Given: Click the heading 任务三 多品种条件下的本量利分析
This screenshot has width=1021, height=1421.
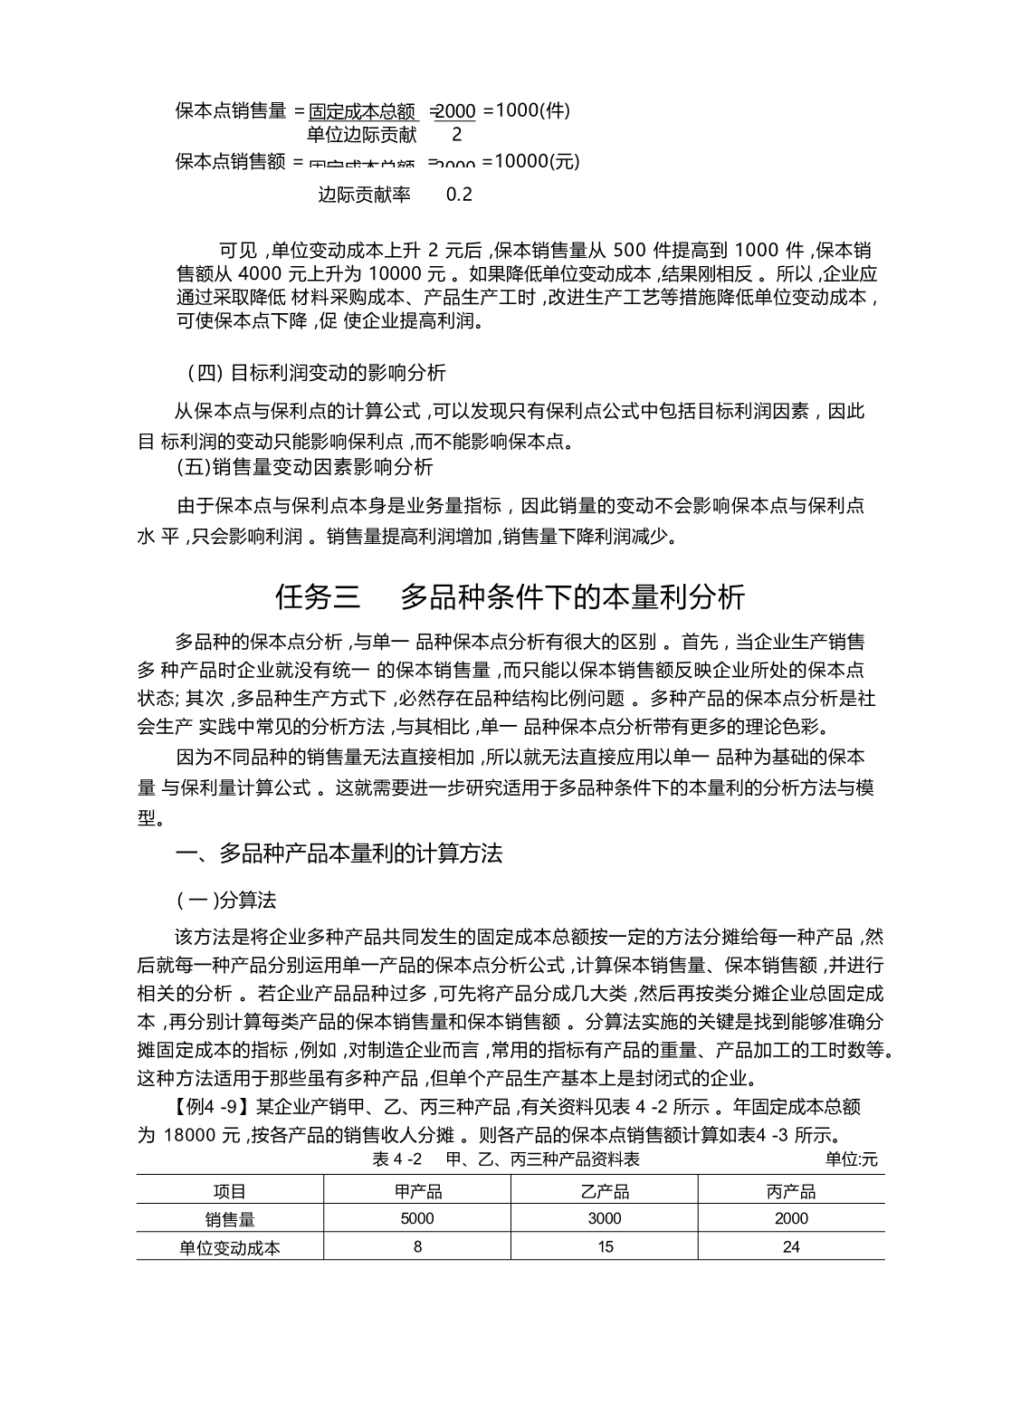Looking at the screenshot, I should click(x=510, y=597).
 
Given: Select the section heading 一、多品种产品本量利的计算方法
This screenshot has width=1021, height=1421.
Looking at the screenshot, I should click(x=339, y=854).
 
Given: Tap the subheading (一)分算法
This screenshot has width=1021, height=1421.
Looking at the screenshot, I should click(x=226, y=901).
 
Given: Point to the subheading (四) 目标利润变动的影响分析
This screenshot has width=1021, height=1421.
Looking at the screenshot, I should click(x=316, y=372).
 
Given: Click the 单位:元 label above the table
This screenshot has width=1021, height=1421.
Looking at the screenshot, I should click(x=851, y=1159).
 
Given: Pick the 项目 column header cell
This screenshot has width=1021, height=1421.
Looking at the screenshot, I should click(x=229, y=1191).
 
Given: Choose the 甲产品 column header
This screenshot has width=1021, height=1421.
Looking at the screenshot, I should click(x=417, y=1191).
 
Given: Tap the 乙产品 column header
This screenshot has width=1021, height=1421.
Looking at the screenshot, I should click(x=605, y=1191).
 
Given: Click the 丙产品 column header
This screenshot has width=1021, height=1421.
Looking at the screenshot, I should click(x=791, y=1191).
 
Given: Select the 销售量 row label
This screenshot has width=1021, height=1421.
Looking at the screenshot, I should click(x=229, y=1218).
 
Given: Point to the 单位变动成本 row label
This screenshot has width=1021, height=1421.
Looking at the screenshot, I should click(x=229, y=1247).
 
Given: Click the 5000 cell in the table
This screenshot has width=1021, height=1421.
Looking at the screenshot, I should click(x=417, y=1218).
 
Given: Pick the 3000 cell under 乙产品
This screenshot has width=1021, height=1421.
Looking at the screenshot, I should click(x=605, y=1218).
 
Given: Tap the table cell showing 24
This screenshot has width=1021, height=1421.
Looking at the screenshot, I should click(x=791, y=1247).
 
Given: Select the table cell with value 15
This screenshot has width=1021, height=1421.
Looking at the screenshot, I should click(x=605, y=1247).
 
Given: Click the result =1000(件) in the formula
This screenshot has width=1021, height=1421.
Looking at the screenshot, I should click(x=527, y=110).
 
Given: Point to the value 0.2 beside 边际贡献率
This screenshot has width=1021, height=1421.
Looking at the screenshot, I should click(x=459, y=195).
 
